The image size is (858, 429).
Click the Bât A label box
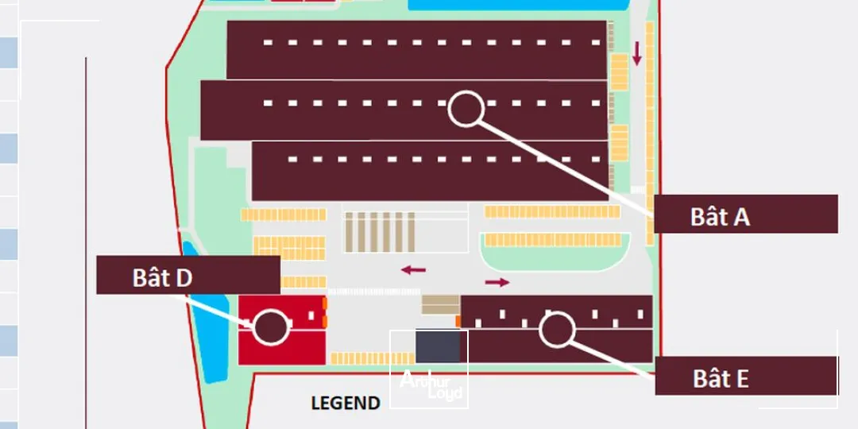pos(745,214)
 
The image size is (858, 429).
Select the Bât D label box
pos(187,275)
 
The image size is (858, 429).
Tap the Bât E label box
pos(745,376)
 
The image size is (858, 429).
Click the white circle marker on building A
pos(466,109)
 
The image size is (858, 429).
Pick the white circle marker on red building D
pos(270,327)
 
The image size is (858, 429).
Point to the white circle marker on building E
pos(556,330)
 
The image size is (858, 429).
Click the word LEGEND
pos(345,403)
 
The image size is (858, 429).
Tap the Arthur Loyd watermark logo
pos(430,385)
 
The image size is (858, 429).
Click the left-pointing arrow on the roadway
pos(413,270)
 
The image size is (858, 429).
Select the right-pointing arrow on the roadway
pos(497,282)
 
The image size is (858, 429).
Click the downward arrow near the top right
pos(636,54)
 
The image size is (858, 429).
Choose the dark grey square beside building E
pos(438,346)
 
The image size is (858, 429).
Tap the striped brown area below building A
pos(379,232)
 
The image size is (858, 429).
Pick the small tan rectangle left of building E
pos(440,305)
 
